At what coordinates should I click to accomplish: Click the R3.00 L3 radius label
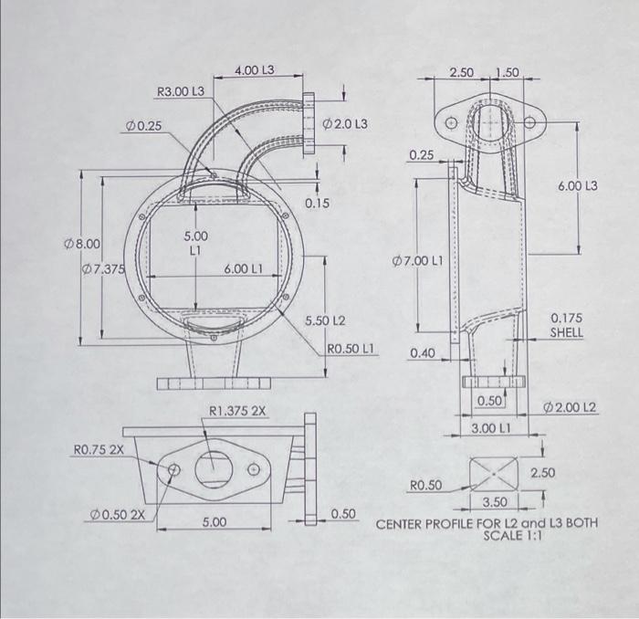pos(181,91)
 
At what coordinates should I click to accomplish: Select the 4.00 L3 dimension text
pos(255,70)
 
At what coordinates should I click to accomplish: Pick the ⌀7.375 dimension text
pos(103,268)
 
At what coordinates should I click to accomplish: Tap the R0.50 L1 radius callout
pos(351,349)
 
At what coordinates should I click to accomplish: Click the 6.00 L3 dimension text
pos(577,186)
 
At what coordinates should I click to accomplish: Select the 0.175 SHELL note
pos(566,326)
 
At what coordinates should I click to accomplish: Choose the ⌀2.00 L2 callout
pos(571,405)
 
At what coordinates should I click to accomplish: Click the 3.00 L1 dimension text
pos(490,427)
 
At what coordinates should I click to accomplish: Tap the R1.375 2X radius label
pos(238,411)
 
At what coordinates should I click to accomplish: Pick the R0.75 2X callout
pos(98,449)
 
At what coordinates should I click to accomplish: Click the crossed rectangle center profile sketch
pos(492,473)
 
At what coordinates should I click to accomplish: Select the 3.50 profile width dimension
pos(495,502)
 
